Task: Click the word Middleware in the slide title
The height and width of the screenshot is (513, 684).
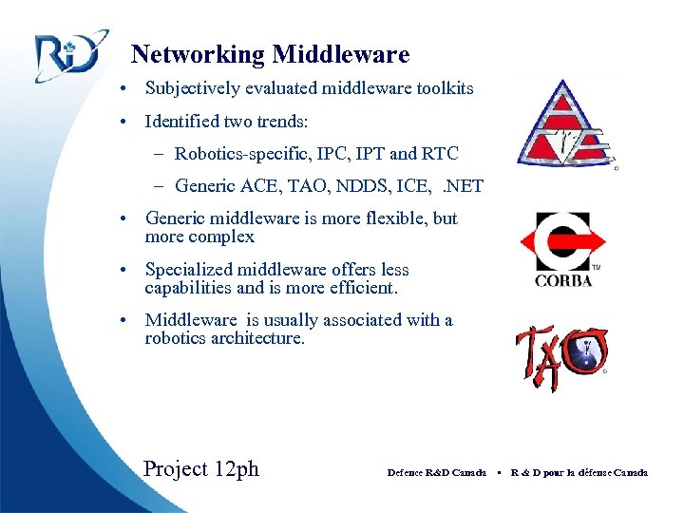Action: pyautogui.click(x=341, y=55)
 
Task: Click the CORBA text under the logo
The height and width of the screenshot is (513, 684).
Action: pyautogui.click(x=562, y=280)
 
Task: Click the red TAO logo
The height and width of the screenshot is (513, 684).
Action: pyautogui.click(x=561, y=356)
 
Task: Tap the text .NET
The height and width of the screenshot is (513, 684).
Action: pyautogui.click(x=458, y=186)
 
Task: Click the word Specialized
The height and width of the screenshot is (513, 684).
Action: pyautogui.click(x=189, y=270)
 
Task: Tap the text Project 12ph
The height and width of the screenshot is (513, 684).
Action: pyautogui.click(x=200, y=468)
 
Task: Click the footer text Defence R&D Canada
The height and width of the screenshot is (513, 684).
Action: pyautogui.click(x=436, y=472)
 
